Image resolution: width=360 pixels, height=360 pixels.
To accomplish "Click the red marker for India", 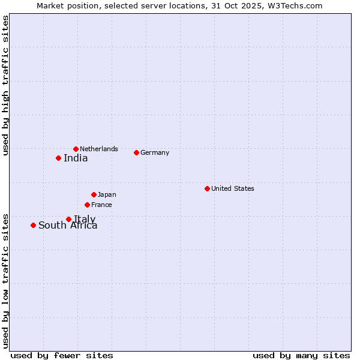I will click(x=58, y=158).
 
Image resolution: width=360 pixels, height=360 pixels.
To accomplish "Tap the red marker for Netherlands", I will click(x=76, y=149).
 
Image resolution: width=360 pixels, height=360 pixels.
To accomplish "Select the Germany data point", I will click(x=136, y=152).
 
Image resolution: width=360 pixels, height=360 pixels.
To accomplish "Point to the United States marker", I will click(x=207, y=188).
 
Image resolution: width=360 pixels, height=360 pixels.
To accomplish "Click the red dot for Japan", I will click(x=94, y=194).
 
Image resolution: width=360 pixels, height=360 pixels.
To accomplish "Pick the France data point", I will click(x=87, y=205).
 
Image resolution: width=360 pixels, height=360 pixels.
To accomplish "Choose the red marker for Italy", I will click(x=68, y=219).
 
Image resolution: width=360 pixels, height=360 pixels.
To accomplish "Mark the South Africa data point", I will click(x=33, y=225).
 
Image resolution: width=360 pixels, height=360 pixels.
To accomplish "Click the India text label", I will click(x=76, y=158).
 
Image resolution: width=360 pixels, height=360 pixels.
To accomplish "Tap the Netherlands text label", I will click(x=99, y=149).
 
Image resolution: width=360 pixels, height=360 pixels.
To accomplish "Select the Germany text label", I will click(x=155, y=152).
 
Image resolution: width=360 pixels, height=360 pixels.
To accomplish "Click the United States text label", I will click(x=232, y=188).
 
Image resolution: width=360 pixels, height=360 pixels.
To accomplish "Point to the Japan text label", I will click(x=107, y=194).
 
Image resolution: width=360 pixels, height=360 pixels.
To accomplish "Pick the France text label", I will click(x=101, y=205).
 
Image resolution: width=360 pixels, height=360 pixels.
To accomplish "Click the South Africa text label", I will click(x=68, y=226).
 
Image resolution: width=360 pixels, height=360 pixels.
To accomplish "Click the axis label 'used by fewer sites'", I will click(x=62, y=355).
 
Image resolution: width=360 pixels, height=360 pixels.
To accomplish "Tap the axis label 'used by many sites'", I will click(x=301, y=355).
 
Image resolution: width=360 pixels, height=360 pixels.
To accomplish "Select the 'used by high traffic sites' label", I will click(x=5, y=86).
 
